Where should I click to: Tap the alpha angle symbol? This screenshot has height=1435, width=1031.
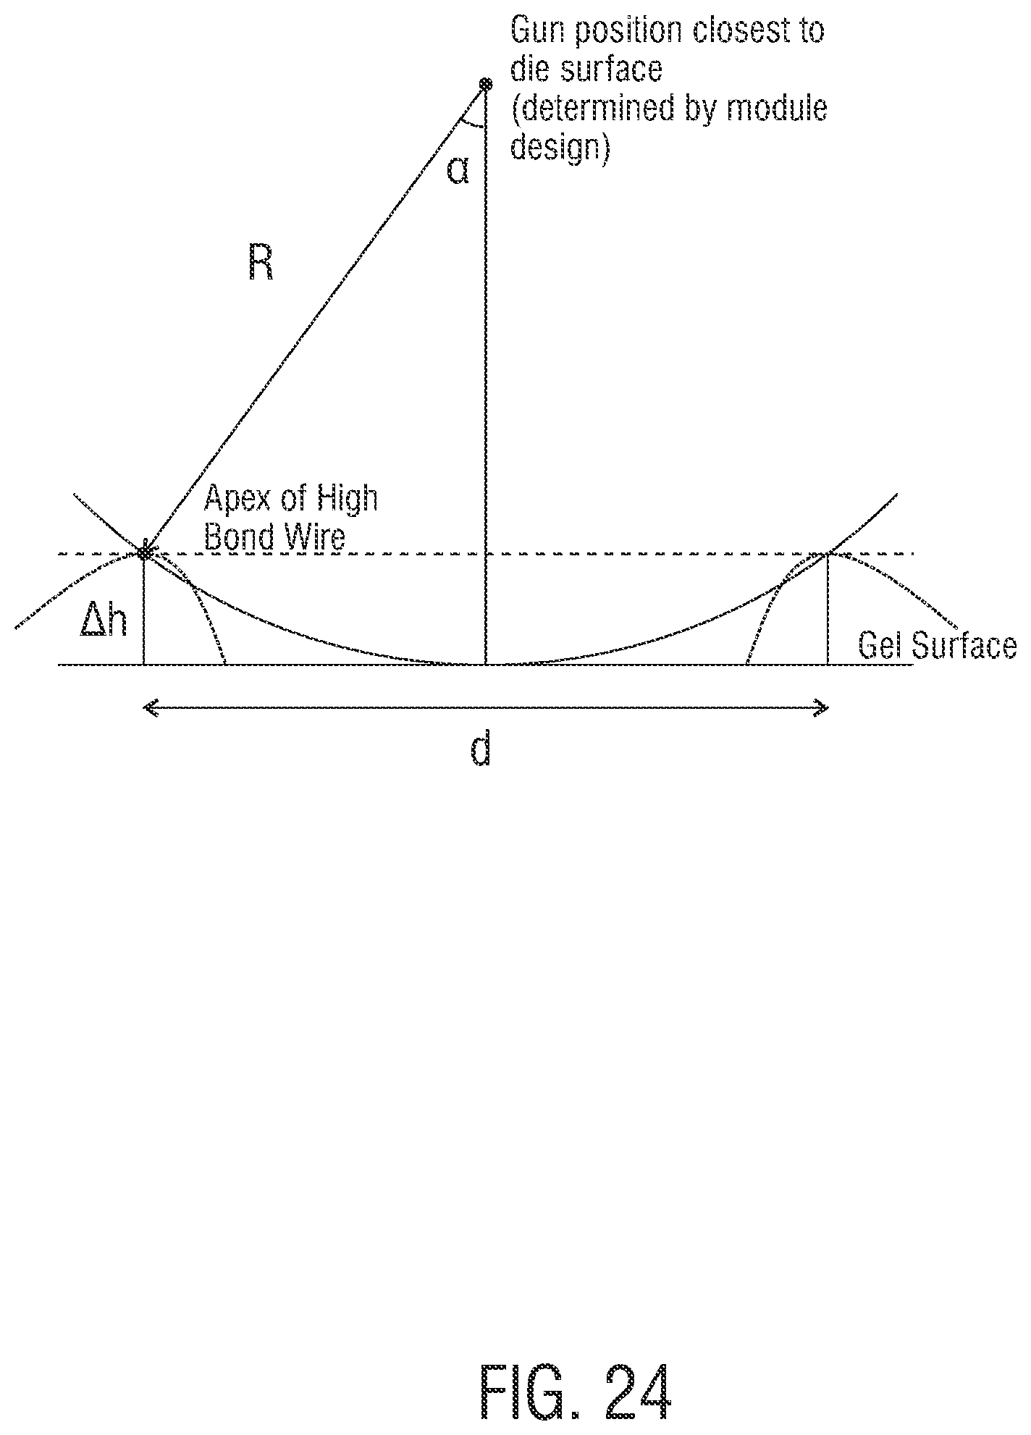pyautogui.click(x=458, y=172)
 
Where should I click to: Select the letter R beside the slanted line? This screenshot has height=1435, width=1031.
pyautogui.click(x=261, y=264)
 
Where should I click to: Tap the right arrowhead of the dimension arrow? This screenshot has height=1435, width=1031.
pyautogui.click(x=822, y=708)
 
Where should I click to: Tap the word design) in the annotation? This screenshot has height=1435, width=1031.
pyautogui.click(x=558, y=148)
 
